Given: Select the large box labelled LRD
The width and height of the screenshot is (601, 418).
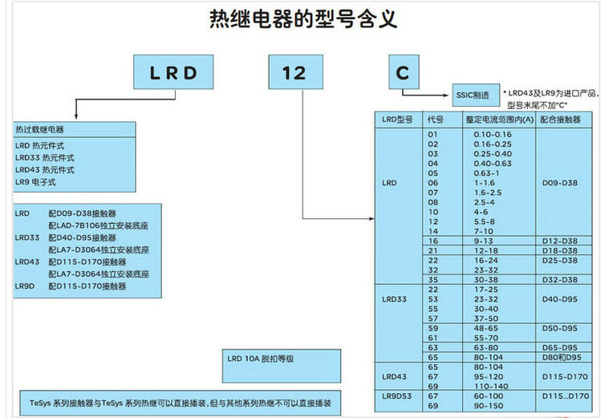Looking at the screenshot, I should coord(173,73).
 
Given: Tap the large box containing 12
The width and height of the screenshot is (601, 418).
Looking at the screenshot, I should coord(294,73).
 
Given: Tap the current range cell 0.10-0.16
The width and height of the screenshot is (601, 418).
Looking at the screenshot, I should coord(492,133).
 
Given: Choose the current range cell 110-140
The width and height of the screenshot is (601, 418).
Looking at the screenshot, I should coord(492,386).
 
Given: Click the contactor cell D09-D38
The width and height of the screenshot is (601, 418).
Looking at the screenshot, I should coord(559,183).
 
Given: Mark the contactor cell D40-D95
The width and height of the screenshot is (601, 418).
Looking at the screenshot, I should coord(559,298).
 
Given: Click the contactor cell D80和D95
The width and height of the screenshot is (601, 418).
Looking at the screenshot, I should coord(559,356).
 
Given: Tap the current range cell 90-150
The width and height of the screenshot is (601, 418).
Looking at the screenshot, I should coord(492,405).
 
